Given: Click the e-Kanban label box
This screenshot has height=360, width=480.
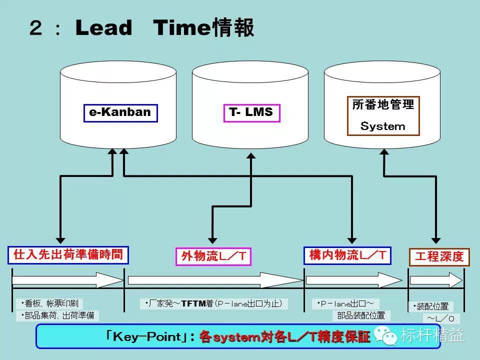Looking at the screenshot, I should pyautogui.click(x=120, y=112).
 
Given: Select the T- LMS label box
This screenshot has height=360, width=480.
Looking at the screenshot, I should pyautogui.click(x=251, y=112).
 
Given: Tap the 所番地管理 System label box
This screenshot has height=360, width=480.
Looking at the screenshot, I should pyautogui.click(x=383, y=116).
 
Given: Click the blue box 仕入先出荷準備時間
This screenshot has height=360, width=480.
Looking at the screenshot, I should pyautogui.click(x=68, y=255).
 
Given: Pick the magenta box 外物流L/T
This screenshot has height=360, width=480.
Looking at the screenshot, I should pyautogui.click(x=213, y=256).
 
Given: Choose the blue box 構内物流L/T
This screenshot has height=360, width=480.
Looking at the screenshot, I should pyautogui.click(x=347, y=255).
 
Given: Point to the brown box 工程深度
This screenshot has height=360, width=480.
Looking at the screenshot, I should pyautogui.click(x=439, y=257).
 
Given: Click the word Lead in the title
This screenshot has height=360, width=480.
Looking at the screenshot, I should pyautogui.click(x=104, y=28).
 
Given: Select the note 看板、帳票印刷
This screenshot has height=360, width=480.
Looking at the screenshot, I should pyautogui.click(x=49, y=303).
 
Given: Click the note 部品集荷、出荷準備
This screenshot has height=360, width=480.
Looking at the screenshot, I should pyautogui.click(x=57, y=315).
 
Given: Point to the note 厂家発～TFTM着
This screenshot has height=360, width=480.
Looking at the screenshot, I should pyautogui.click(x=213, y=303).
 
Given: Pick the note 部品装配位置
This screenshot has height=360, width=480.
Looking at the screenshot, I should pyautogui.click(x=361, y=315).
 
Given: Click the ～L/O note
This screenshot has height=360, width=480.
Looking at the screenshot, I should pyautogui.click(x=441, y=318).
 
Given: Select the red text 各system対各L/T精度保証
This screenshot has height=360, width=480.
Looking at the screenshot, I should pyautogui.click(x=285, y=336).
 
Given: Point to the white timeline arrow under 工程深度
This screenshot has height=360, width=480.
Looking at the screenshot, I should pyautogui.click(x=436, y=279).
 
